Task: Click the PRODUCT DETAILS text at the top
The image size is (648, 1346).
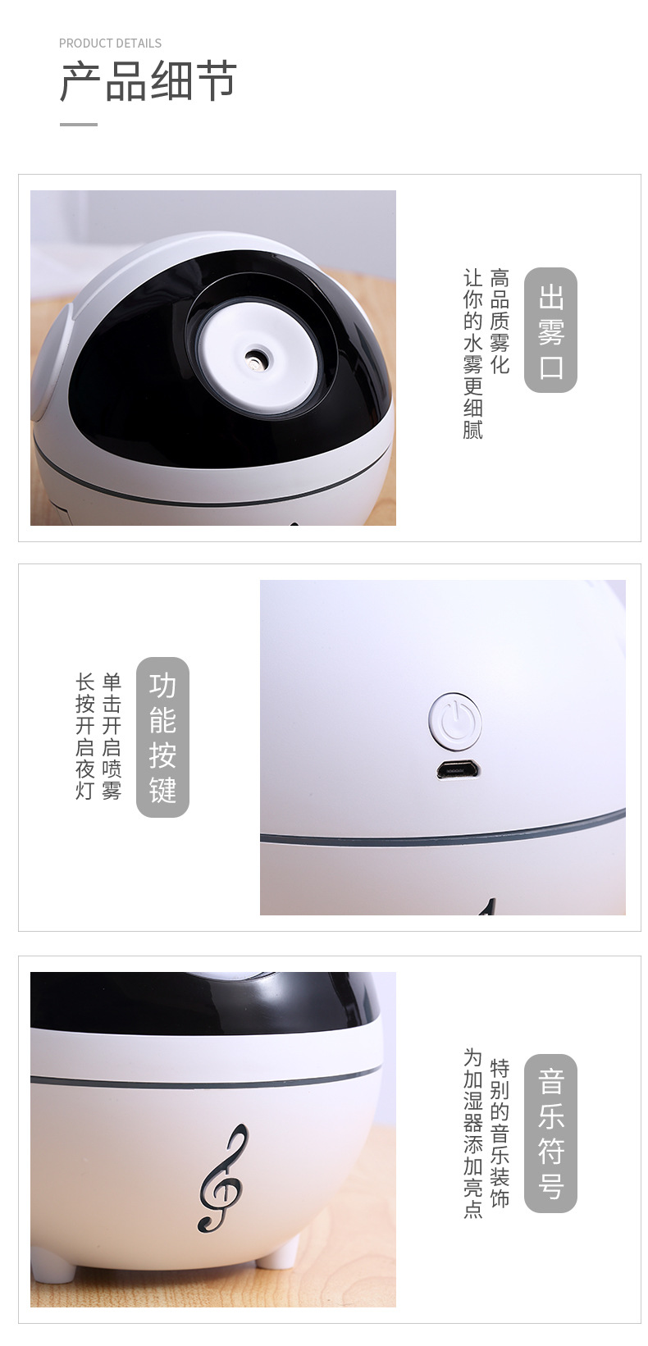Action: tap(110, 43)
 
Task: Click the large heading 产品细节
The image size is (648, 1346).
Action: tap(148, 82)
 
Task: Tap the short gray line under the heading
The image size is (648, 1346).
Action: tap(79, 125)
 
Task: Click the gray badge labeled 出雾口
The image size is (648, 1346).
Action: tap(550, 331)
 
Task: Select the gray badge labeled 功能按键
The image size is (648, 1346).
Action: tap(162, 737)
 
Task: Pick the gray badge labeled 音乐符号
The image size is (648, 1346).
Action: tap(550, 1134)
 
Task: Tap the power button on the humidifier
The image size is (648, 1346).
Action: tap(454, 721)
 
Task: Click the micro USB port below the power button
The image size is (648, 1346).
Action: tap(459, 771)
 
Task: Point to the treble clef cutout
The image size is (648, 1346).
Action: tap(223, 1178)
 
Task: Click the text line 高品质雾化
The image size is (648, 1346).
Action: tap(500, 321)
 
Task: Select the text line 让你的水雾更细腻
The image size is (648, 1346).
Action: tap(473, 354)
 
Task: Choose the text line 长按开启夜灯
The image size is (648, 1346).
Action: tap(85, 737)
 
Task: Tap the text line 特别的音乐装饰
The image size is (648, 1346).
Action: tap(500, 1133)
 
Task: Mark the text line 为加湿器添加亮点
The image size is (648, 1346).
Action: tap(473, 1133)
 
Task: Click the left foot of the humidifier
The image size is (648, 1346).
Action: tap(54, 1268)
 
